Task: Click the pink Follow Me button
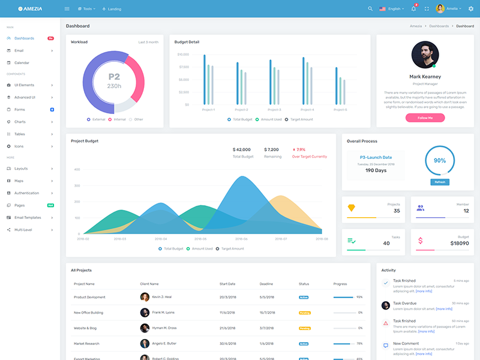[425, 118]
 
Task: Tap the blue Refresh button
[440, 182]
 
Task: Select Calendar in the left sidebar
[22, 62]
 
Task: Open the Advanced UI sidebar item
[25, 97]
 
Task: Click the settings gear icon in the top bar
[471, 9]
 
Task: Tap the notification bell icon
[413, 9]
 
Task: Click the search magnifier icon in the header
[370, 9]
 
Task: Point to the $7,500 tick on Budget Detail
[184, 67]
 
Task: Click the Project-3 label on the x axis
[274, 110]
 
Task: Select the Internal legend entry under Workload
[119, 119]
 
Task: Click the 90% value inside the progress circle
[440, 161]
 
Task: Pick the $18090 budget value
[459, 243]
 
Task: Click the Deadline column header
[266, 284]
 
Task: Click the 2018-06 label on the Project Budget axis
[241, 239]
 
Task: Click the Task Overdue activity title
[404, 303]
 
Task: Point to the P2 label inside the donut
[114, 77]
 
